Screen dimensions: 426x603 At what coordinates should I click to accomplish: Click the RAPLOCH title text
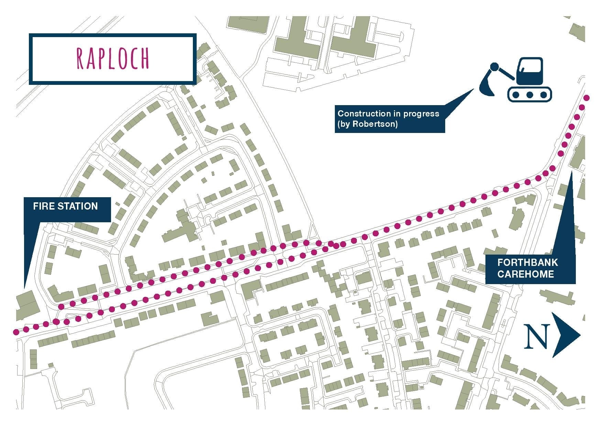click(113, 59)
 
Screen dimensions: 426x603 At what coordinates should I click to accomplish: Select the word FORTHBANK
click(527, 263)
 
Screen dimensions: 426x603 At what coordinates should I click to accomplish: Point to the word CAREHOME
click(525, 274)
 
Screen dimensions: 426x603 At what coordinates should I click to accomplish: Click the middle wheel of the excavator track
click(530, 94)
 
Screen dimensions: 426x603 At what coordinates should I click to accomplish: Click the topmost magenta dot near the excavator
click(586, 98)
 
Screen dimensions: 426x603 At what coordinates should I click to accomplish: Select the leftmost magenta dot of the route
click(15, 332)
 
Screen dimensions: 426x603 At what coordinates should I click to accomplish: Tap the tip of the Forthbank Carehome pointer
click(571, 172)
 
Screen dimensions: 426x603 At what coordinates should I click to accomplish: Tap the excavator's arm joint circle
click(494, 67)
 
